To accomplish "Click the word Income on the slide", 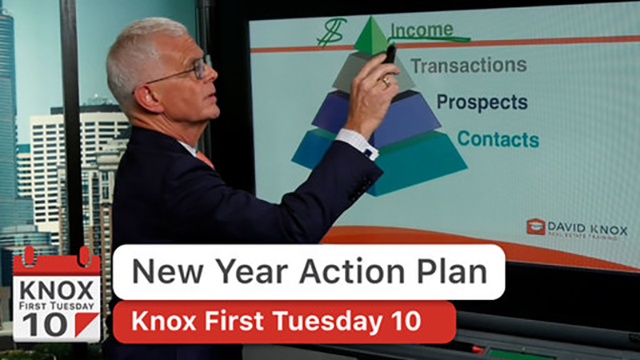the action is [422, 30].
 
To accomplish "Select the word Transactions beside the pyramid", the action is [469, 66].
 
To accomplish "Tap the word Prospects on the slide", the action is [482, 102].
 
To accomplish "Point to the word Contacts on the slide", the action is [498, 138].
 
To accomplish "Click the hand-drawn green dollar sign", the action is [331, 33].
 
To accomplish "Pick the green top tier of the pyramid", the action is [371, 37].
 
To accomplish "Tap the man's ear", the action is [146, 98].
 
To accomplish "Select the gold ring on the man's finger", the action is [386, 83].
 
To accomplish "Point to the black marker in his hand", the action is [390, 54].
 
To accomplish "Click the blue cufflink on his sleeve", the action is [369, 154].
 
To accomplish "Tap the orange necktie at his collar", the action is [206, 159].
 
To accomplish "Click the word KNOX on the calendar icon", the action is [56, 290].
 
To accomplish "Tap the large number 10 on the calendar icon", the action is [46, 325].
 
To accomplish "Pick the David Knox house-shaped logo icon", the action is [536, 227].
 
